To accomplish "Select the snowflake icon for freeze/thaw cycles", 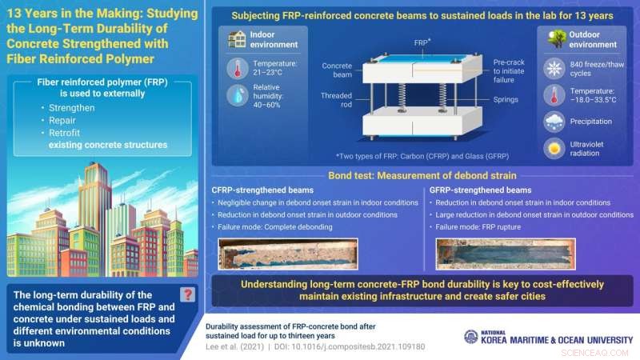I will pyautogui.click(x=554, y=69).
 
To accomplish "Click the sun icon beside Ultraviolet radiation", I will pyautogui.click(x=554, y=150).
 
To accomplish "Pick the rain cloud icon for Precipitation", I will pyautogui.click(x=554, y=122).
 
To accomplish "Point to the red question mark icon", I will pyautogui.click(x=188, y=294).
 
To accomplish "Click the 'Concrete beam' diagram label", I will pyautogui.click(x=337, y=70).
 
